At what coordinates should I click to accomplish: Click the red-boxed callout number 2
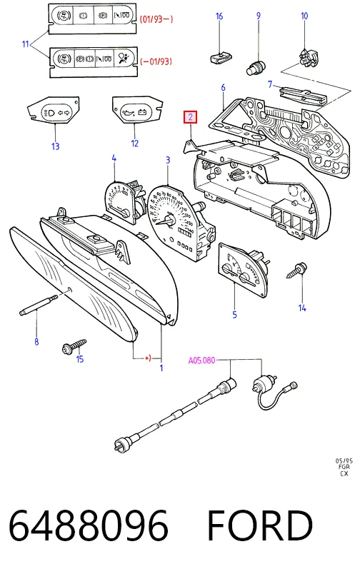(x=191, y=118)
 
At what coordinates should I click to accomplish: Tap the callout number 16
(x=219, y=16)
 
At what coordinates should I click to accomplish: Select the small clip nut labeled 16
(x=221, y=57)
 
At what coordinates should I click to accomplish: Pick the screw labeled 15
(x=74, y=346)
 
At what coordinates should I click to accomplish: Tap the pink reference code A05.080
(x=201, y=361)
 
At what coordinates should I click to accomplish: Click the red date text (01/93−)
(x=156, y=19)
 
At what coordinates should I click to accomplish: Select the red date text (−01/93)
(x=156, y=61)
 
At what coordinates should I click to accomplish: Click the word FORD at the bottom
(x=260, y=525)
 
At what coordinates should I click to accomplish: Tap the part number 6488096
(x=89, y=525)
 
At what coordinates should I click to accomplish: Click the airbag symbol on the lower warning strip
(x=123, y=58)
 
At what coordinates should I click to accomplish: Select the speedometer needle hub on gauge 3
(x=170, y=220)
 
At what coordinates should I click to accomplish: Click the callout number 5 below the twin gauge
(x=234, y=314)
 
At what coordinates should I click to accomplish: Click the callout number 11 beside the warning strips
(x=25, y=44)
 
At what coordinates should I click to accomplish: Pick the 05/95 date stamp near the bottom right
(x=344, y=461)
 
